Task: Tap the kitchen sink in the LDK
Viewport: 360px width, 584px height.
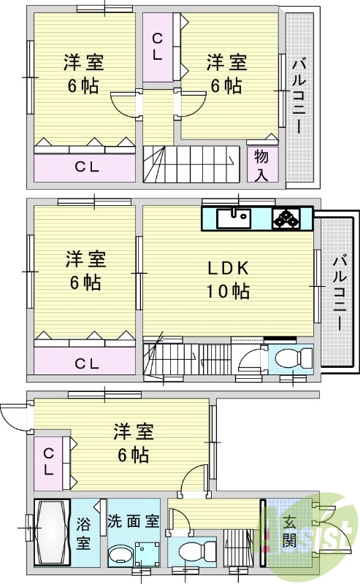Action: [234, 218]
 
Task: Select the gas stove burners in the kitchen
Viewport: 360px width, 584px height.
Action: [286, 218]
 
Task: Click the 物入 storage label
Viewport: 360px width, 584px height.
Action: [261, 165]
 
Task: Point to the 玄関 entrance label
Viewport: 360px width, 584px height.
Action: [290, 531]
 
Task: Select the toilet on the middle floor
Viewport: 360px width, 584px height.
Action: [294, 360]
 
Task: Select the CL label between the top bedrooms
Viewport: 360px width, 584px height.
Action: [158, 46]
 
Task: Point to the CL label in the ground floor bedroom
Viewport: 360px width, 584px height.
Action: [48, 461]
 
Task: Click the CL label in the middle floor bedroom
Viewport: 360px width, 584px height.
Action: [85, 362]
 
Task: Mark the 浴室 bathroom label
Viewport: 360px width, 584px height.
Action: [84, 533]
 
